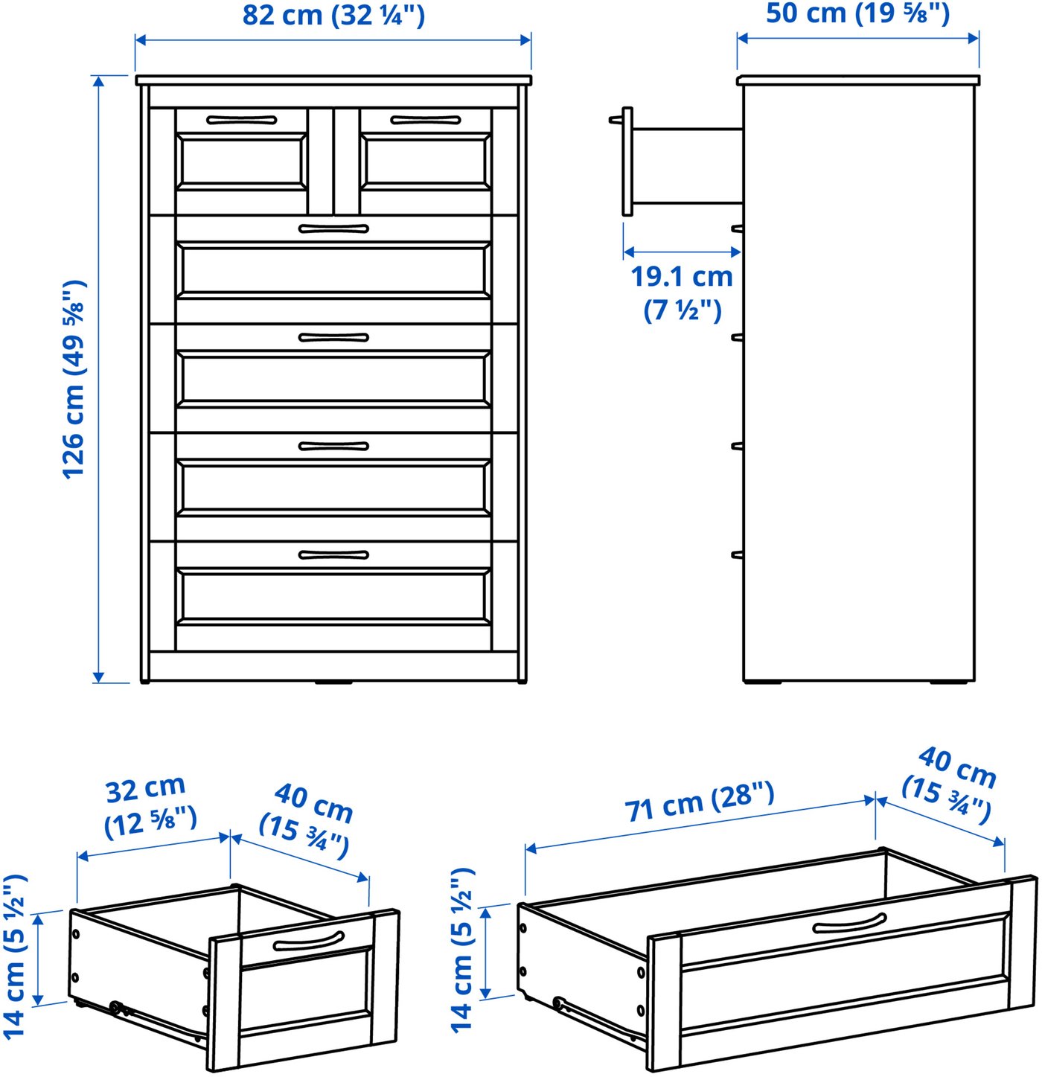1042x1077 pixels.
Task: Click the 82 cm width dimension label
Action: [x=333, y=15]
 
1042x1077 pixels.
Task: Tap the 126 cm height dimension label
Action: [x=74, y=379]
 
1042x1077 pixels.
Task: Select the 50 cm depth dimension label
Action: [x=857, y=13]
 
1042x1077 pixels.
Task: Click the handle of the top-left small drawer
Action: [x=241, y=120]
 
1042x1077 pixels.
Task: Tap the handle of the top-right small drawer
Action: [x=426, y=120]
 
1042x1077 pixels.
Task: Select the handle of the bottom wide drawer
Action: [x=333, y=555]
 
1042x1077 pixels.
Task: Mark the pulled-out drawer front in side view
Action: [x=627, y=161]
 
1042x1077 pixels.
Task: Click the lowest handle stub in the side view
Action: [x=737, y=555]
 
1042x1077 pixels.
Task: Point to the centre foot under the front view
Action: [x=333, y=683]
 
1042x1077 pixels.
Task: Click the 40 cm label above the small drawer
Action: [x=306, y=821]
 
